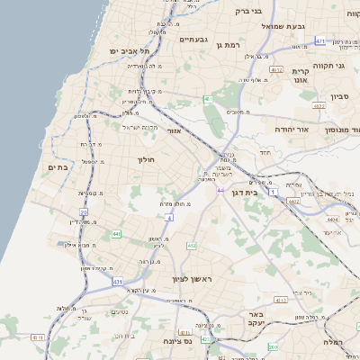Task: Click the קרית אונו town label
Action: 301,75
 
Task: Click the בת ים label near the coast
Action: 57,167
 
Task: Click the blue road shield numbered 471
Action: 321,40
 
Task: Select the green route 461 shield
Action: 208,98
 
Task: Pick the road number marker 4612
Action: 276,69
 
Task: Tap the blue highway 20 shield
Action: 83,212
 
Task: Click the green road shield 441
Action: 117,234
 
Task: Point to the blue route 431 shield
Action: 118,283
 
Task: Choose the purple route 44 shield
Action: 220,191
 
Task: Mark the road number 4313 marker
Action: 282,301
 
